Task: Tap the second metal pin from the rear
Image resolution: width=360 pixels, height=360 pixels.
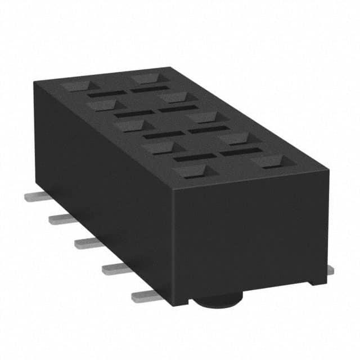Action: point(60,219)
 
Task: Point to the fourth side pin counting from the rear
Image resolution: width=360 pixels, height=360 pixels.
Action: point(115,268)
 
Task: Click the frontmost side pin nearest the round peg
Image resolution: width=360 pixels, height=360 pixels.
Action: point(145,295)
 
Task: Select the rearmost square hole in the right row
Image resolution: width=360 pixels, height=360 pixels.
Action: point(148,77)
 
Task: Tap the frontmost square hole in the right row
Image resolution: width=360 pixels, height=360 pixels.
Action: point(267,162)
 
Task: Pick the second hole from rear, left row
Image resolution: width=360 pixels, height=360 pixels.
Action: point(104,105)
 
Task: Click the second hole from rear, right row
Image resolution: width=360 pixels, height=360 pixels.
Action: point(174,97)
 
